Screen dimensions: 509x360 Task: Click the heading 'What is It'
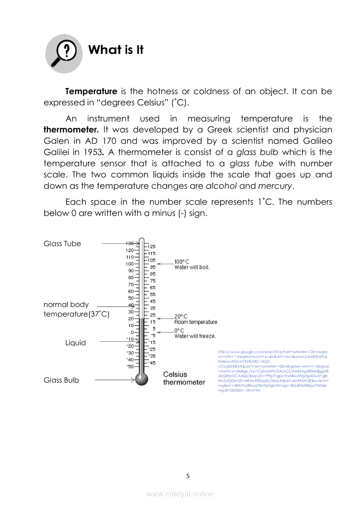(x=115, y=50)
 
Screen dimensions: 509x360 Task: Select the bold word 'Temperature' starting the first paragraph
(x=91, y=91)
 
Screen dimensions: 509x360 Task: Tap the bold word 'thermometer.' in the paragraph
(x=71, y=130)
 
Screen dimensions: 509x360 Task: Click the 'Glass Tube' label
(x=62, y=244)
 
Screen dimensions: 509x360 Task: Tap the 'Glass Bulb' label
(x=61, y=380)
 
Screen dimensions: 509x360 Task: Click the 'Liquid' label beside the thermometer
(x=75, y=343)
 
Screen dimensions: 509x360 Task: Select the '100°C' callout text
(x=182, y=262)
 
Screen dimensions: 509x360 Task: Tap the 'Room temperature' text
(x=196, y=322)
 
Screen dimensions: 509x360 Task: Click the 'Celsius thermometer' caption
(x=183, y=378)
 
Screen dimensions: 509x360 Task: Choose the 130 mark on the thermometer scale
(x=129, y=243)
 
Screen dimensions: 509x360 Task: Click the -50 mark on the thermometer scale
(x=129, y=366)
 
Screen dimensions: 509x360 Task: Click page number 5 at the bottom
(x=188, y=476)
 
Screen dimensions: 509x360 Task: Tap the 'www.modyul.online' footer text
(x=180, y=494)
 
